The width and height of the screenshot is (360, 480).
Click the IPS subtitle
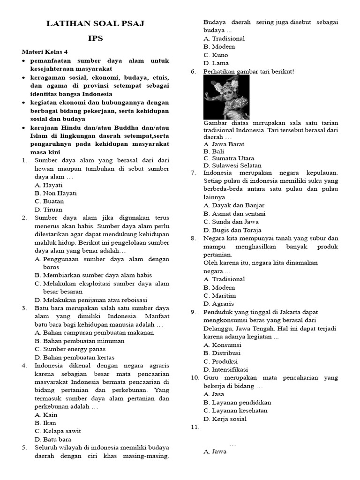click(95, 38)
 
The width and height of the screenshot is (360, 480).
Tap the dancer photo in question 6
click(226, 97)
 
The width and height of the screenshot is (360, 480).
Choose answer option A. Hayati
click(48, 185)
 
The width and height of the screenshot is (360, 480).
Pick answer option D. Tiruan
click(48, 210)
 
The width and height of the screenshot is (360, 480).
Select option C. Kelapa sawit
click(58, 431)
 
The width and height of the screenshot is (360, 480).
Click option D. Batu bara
click(53, 439)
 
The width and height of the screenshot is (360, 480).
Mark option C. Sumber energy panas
click(70, 349)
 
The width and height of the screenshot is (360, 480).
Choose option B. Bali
click(214, 151)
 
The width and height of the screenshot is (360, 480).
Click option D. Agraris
click(218, 304)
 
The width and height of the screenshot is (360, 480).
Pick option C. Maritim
click(219, 295)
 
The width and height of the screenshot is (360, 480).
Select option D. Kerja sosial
click(225, 419)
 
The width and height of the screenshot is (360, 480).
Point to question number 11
click(195, 427)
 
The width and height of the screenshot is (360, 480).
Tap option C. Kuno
click(216, 55)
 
